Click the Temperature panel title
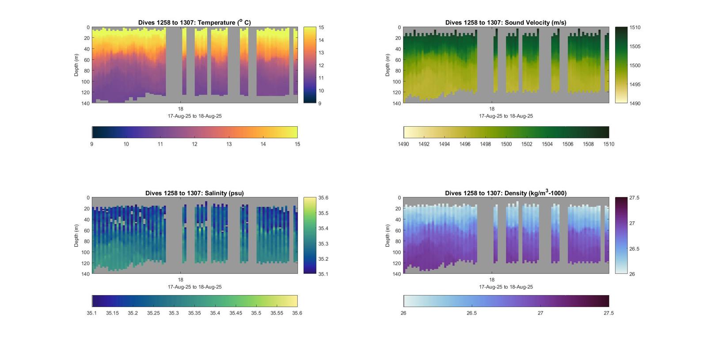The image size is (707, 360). (194, 23)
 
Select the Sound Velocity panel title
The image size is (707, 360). (506, 23)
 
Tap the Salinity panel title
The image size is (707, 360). (194, 193)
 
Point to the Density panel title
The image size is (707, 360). (506, 193)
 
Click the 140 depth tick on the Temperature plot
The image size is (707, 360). (86, 103)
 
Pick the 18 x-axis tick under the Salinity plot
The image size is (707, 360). (181, 280)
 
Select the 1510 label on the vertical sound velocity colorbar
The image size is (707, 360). (635, 27)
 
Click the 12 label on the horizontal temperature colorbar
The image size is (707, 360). (194, 144)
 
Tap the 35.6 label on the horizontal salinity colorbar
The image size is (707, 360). (297, 313)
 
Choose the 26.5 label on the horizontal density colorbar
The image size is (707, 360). (471, 313)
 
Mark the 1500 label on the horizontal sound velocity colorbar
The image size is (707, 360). (506, 144)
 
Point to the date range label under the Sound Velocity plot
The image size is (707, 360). (506, 116)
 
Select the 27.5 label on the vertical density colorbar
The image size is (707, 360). (634, 198)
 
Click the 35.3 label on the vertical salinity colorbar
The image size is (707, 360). (323, 244)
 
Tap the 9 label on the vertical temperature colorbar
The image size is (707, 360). (319, 103)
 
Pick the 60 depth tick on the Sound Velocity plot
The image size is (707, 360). (398, 60)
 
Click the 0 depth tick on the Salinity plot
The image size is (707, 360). (88, 198)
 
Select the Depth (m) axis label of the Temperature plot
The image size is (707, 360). (76, 65)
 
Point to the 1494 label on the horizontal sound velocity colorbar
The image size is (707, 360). (444, 144)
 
